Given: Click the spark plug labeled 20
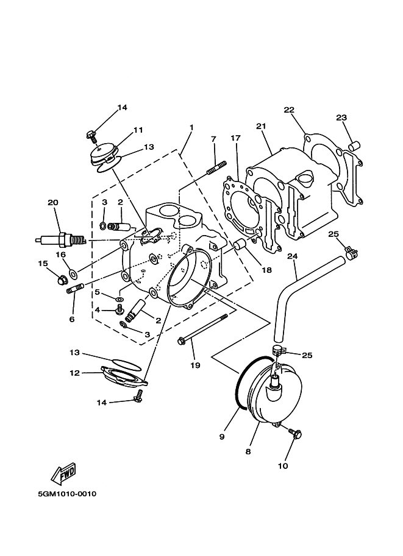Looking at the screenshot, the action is point(61,240).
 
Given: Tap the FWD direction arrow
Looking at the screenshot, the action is point(64,473).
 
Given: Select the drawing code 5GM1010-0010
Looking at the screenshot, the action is point(67,494).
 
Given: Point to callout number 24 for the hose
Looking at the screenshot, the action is point(292,256).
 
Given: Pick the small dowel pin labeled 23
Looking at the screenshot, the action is point(355,146).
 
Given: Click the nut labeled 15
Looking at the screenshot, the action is point(62,280).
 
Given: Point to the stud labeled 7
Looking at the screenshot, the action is point(216,167).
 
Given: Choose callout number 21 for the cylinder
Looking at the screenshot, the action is point(261,126).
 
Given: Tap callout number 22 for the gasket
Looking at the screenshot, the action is point(289,110).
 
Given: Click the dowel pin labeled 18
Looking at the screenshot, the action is point(240,246).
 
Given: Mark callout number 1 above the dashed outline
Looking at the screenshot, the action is point(191,127).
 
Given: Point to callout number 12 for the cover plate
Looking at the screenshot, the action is point(74,373).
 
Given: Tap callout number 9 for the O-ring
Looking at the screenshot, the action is point(222,437).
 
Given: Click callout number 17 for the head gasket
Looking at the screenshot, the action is point(236,138).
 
